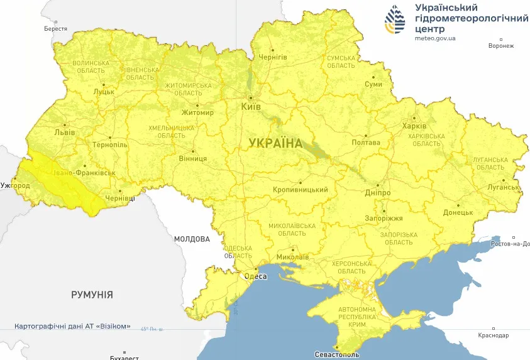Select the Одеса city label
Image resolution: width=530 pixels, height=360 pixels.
pos(255,276)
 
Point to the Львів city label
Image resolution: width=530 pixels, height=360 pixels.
pos(65,133)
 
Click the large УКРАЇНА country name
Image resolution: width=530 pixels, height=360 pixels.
pos(275,143)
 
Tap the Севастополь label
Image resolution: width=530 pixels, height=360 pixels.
pos(338,354)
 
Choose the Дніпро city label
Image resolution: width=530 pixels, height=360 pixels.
pos(378,193)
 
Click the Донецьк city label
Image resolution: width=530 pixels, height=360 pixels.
pos(458,212)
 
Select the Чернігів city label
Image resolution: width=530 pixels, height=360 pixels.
pos(273,57)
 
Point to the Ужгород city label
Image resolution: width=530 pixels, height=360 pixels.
pos(15,186)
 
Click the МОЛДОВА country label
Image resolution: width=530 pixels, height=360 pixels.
pos(192,239)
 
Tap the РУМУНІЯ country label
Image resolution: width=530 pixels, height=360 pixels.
pos(92,294)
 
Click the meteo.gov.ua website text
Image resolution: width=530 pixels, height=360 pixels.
pos(435,38)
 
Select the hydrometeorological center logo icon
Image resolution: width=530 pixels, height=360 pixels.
pos(395,21)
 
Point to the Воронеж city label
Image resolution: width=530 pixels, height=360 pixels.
pos(500,46)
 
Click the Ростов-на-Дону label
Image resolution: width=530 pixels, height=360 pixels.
pos(510,243)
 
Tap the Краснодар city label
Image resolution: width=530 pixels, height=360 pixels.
pos(493,335)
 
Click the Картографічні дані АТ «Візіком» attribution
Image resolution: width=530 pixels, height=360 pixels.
pos(72,326)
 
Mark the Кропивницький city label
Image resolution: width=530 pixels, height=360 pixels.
pos(301,190)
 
